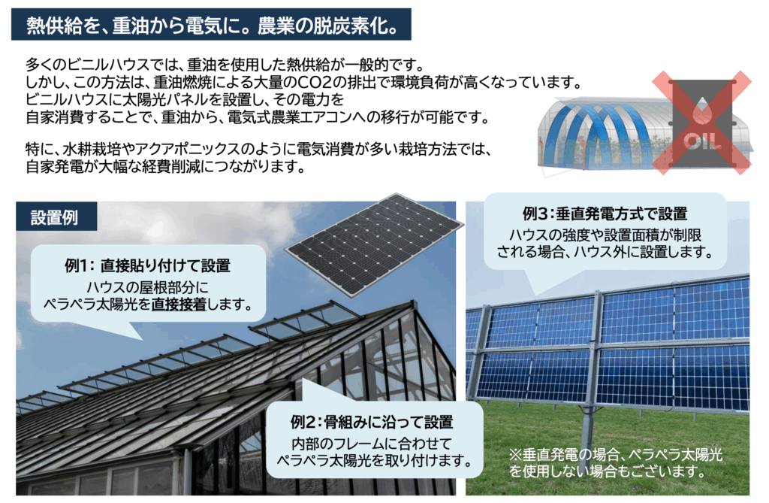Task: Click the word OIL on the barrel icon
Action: coord(703,141)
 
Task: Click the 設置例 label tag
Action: coord(56,217)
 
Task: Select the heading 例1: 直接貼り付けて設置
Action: coord(148,265)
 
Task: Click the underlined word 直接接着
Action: coord(179,304)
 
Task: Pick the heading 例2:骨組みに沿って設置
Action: coord(372,422)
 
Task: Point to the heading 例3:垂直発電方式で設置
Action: coord(605,214)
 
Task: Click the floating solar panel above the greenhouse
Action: coord(374,244)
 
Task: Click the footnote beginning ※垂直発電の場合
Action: coord(616,462)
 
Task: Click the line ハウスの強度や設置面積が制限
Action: coord(605,235)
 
